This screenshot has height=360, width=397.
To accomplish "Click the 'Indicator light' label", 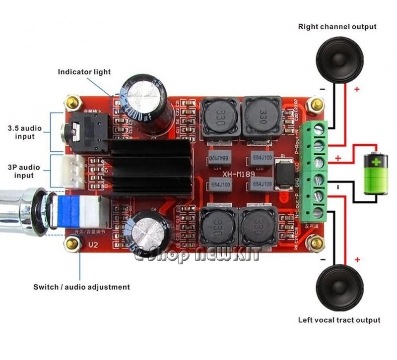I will pos(84,72).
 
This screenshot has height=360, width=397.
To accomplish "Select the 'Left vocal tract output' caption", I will pos(339,320).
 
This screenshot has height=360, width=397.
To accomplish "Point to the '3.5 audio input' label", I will pos(21,132).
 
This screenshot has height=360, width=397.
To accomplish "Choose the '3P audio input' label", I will pos(21,171).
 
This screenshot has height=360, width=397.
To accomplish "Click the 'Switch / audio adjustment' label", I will pos(81,287).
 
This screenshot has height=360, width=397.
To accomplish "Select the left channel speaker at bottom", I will pos(338,288).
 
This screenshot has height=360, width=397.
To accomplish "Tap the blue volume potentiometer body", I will pos(72,211).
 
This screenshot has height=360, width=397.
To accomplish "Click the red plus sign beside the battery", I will pos(338,158).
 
